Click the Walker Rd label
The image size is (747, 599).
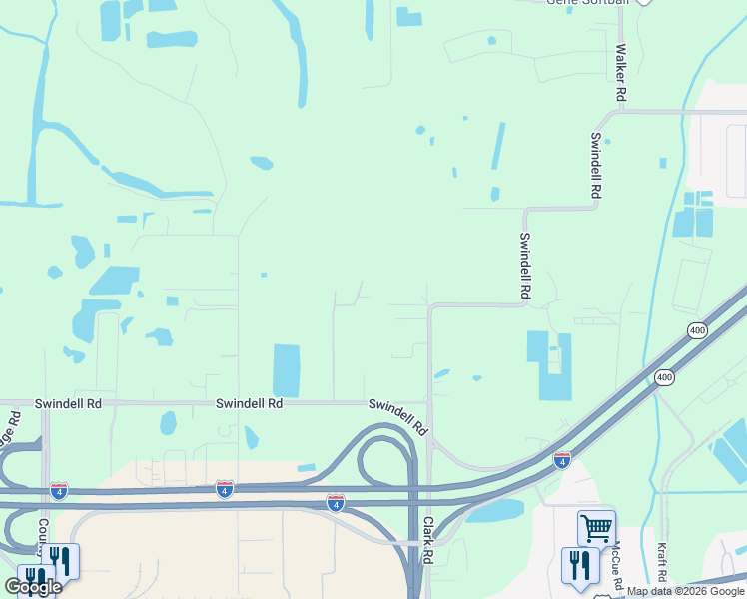point(621,72)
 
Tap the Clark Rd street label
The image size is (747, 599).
point(427,539)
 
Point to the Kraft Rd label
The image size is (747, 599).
point(662,563)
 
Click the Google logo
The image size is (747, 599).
point(33,587)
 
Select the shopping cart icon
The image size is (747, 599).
point(596,528)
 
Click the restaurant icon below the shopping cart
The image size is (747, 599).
point(580,565)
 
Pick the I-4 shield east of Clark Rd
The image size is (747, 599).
point(562,460)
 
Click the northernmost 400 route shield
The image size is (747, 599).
point(697,330)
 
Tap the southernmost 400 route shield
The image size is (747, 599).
point(664,377)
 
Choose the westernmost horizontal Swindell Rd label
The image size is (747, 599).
point(69,404)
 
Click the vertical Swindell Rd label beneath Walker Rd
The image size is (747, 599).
point(596,165)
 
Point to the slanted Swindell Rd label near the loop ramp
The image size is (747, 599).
point(398,417)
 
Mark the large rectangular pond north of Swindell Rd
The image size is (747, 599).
point(286,370)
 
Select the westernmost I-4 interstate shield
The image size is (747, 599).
point(59,491)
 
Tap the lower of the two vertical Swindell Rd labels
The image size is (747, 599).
point(524,266)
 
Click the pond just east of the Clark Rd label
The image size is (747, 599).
point(494,512)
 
